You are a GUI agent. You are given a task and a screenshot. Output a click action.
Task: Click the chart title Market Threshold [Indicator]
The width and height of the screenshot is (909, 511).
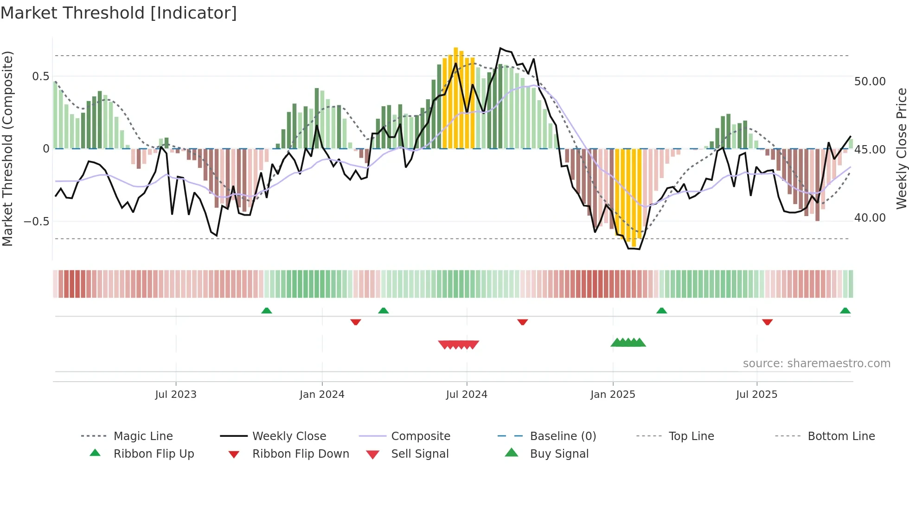pos(119,13)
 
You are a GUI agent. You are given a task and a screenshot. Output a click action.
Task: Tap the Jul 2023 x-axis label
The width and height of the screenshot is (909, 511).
pos(176,395)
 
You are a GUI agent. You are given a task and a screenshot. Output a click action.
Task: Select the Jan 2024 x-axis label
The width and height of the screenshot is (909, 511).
pos(322,395)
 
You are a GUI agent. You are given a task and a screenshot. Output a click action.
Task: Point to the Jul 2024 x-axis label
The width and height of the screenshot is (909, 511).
pos(467,395)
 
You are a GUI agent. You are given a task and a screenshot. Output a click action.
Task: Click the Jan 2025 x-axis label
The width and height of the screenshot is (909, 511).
pos(613,395)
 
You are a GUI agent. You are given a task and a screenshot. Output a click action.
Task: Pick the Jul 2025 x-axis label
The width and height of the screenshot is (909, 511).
pos(756,395)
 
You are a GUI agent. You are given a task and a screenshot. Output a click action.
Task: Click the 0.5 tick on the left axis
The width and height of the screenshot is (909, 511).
pos(41,77)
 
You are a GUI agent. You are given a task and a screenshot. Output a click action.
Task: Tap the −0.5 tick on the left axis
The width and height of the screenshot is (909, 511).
pos(37,221)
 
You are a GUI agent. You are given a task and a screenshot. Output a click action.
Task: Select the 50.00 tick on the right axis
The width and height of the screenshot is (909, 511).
pos(870,82)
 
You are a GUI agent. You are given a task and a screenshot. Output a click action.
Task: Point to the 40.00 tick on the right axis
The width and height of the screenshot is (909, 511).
pos(870,218)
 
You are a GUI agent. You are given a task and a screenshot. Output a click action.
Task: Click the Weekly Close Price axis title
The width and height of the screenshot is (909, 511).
pos(901,148)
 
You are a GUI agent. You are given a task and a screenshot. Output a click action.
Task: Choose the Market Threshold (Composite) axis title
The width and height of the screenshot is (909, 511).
pos(8,148)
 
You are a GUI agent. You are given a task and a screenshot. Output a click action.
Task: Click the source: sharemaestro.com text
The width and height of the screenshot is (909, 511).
pos(816,364)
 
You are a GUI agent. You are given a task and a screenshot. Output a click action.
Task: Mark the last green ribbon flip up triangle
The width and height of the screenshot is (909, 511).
pos(845,311)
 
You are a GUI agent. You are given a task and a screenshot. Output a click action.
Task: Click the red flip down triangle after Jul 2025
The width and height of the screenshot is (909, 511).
pos(767,322)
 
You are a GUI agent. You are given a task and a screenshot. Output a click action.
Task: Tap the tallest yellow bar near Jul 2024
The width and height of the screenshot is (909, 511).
pos(456,97)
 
